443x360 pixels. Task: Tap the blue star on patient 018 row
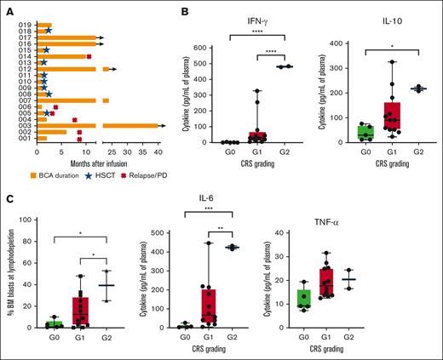[49, 31]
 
